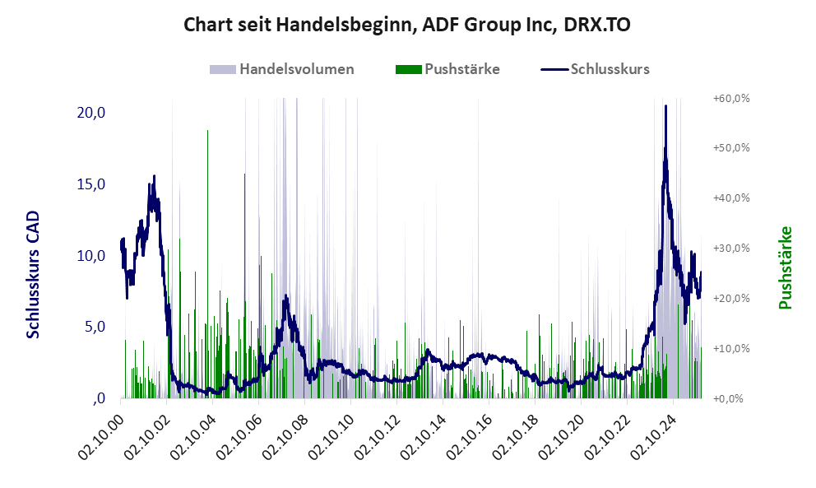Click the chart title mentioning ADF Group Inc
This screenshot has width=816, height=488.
tap(407, 25)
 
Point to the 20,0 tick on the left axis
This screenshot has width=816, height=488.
tap(90, 112)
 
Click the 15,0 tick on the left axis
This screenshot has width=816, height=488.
tap(90, 184)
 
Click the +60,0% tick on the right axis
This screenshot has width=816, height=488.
tap(730, 98)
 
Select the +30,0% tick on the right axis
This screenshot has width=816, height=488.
tap(730, 248)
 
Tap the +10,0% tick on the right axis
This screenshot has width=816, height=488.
tap(730, 348)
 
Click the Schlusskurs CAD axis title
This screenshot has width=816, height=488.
tap(34, 274)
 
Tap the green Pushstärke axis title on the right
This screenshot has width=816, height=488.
tap(785, 267)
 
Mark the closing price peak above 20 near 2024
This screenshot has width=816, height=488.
tap(665, 106)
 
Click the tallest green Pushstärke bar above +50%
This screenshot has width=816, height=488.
tap(207, 132)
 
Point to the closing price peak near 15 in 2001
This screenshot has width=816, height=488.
tap(154, 176)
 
